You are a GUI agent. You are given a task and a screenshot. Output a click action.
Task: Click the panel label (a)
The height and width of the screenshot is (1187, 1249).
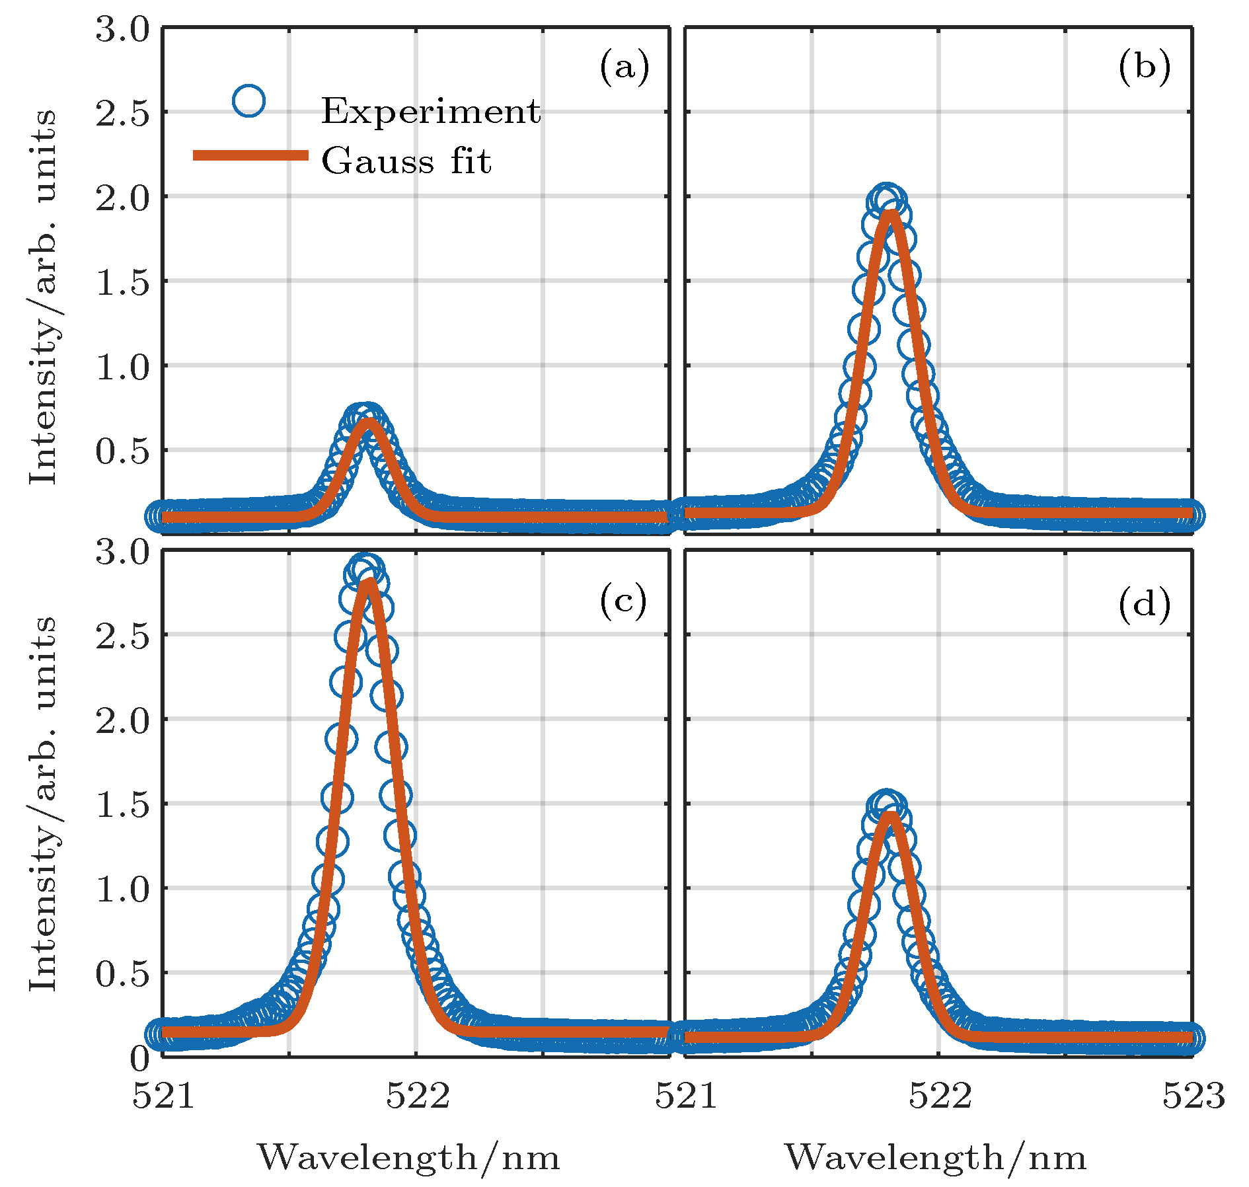coord(624,67)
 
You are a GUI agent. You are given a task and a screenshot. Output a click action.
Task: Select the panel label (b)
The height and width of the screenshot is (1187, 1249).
coord(1144,67)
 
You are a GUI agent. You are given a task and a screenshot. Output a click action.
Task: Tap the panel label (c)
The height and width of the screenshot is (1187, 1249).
coord(623,603)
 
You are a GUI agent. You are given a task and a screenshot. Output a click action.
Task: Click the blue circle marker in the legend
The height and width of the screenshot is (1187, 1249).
coord(249,101)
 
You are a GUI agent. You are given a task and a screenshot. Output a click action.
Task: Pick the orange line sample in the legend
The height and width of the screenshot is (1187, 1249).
coord(250,155)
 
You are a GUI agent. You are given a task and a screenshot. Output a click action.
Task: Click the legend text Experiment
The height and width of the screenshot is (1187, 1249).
coord(431,111)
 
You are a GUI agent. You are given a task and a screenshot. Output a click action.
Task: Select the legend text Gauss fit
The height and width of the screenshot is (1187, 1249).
coord(406,161)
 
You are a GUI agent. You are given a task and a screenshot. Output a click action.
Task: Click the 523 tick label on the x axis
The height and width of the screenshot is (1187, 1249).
coord(1193,1095)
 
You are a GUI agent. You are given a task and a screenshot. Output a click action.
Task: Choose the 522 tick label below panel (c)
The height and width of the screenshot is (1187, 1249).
coord(417,1095)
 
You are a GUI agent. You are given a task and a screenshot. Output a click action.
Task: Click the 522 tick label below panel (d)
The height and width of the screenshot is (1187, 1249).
coord(940,1095)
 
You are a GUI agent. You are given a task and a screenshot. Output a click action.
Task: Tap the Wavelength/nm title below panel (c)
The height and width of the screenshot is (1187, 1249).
coord(408,1157)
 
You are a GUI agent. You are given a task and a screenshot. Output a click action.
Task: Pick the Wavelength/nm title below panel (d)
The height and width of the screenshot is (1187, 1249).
coord(935,1157)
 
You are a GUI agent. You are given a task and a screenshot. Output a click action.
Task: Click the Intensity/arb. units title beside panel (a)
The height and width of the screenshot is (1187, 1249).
coord(44,297)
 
